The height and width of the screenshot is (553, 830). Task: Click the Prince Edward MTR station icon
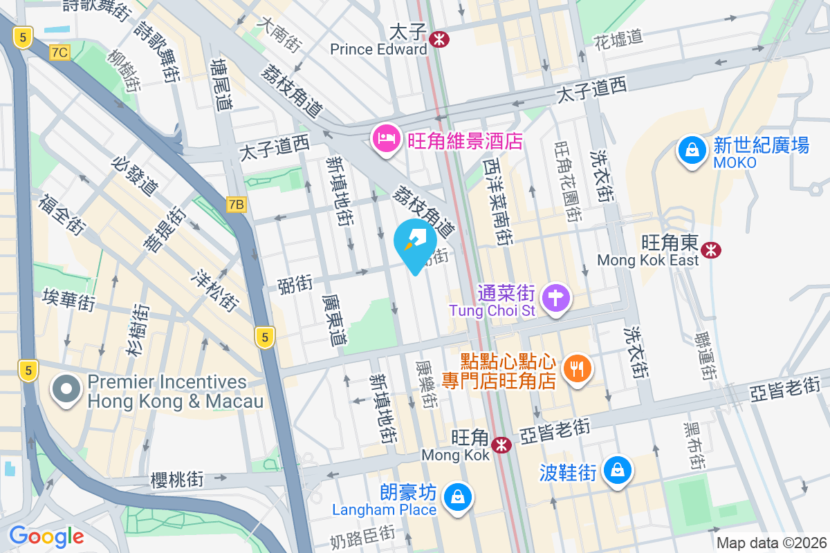[x=438, y=39]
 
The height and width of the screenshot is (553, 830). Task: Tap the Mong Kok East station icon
[x=710, y=250]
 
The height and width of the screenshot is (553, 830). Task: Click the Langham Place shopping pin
[x=456, y=496]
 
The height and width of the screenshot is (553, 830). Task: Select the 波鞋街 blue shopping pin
[x=615, y=471]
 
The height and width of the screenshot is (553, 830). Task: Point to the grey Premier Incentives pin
[x=66, y=389]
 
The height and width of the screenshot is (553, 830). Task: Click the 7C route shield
[x=60, y=52]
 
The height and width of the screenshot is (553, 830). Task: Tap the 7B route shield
[x=237, y=204]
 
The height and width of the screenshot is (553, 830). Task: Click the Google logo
[x=46, y=536]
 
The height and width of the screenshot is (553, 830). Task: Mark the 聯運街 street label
[x=706, y=357]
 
